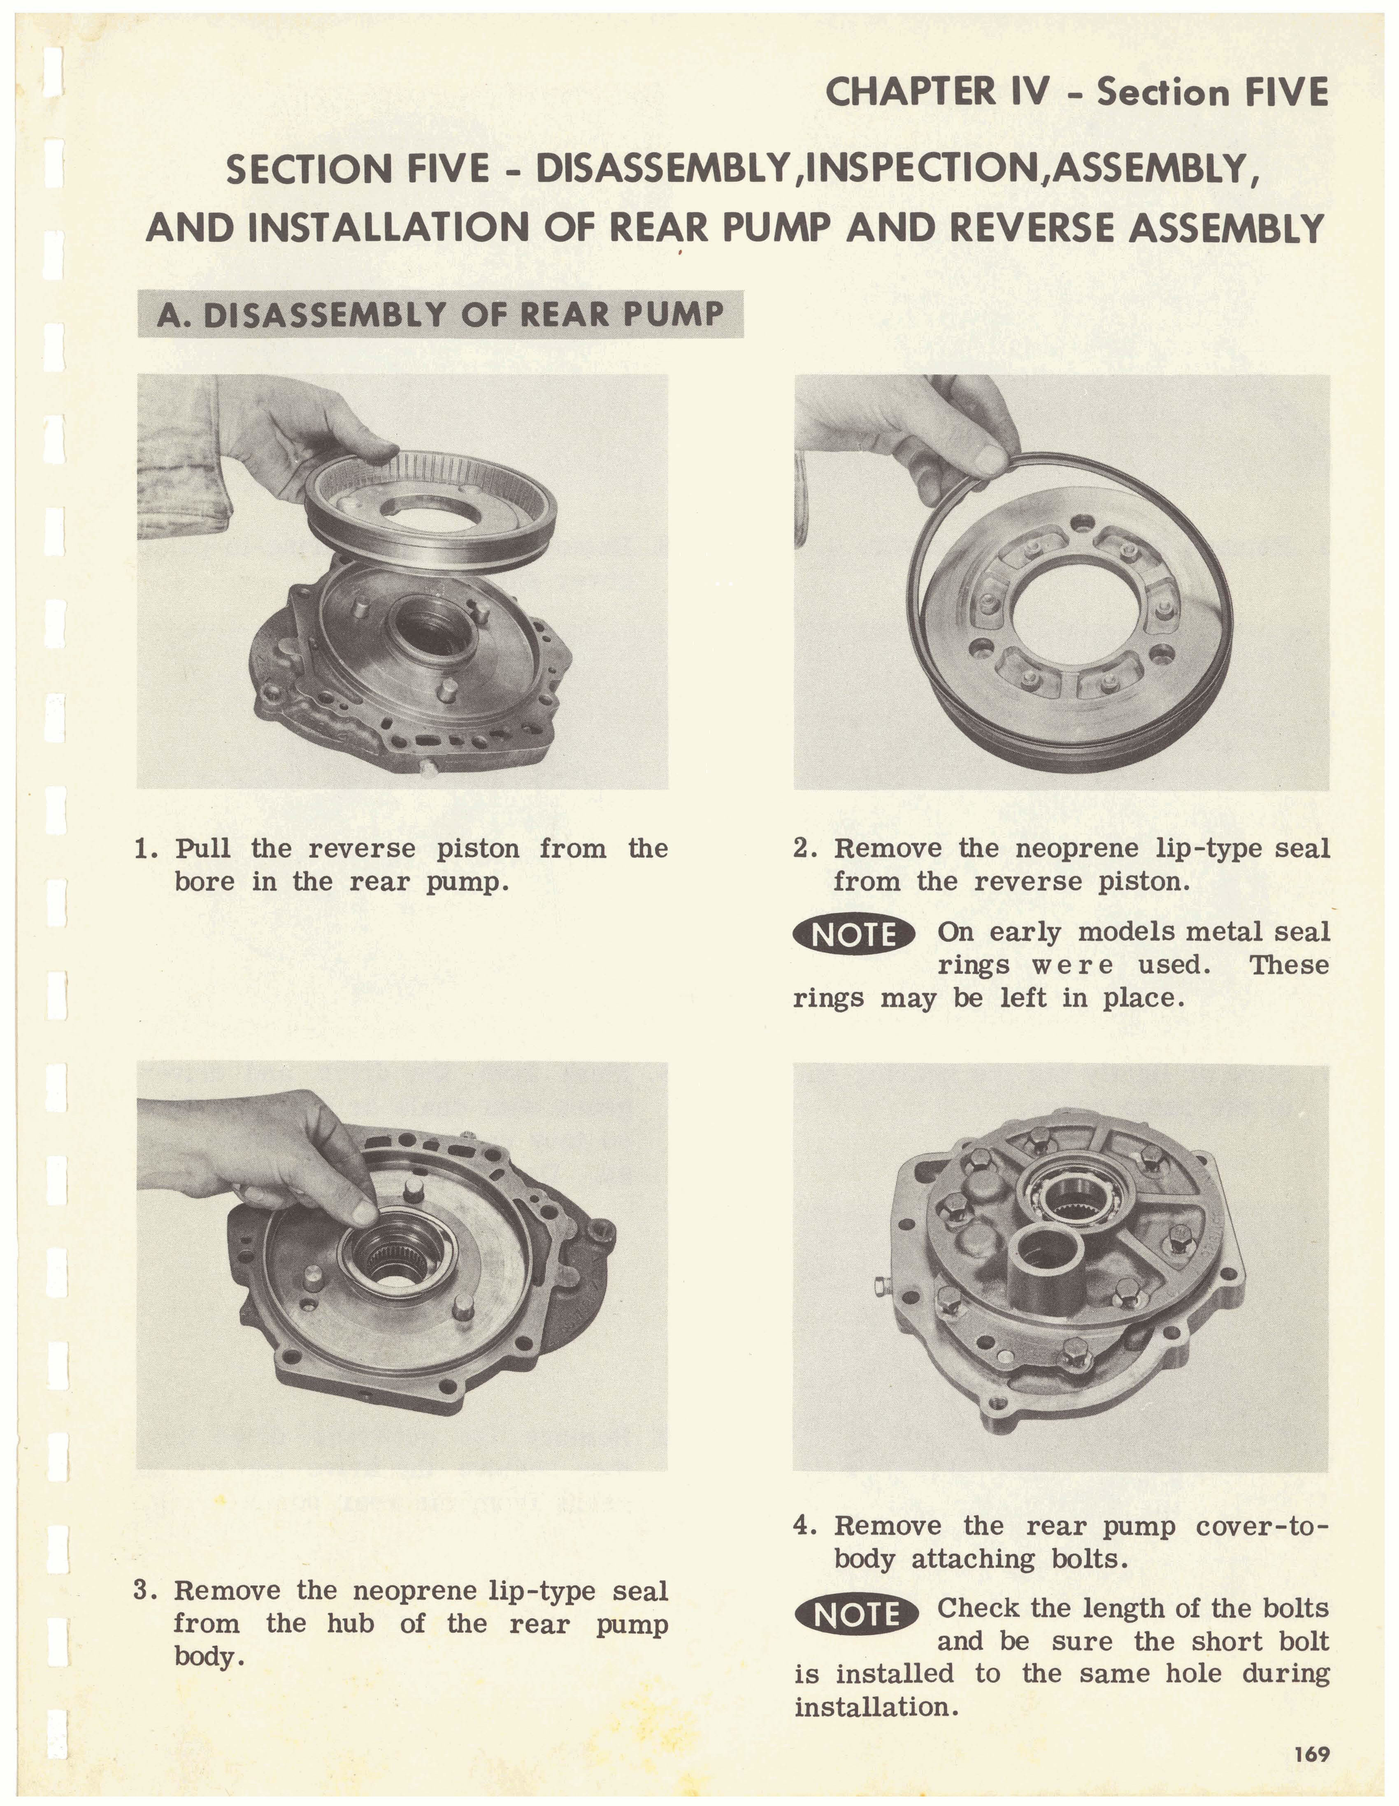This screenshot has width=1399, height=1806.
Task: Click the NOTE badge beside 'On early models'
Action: [x=854, y=935]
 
